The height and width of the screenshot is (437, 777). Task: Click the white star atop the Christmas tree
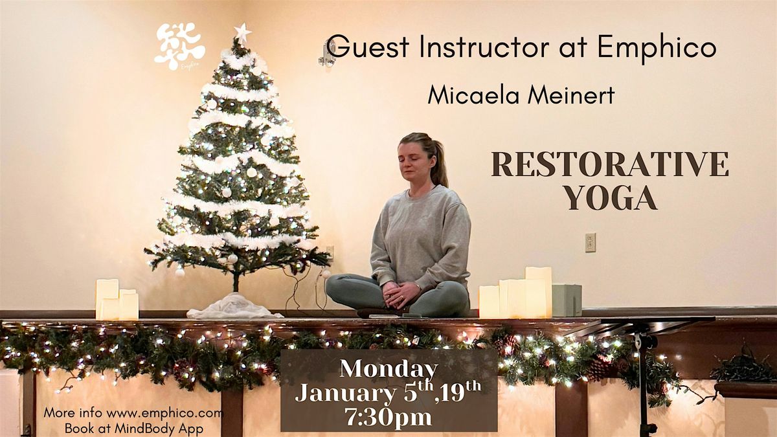tap(242, 33)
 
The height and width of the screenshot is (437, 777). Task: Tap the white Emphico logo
tap(180, 47)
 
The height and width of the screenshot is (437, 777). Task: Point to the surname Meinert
tap(572, 95)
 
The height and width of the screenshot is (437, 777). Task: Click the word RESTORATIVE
tap(610, 164)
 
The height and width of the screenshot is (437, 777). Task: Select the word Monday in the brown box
tap(388, 370)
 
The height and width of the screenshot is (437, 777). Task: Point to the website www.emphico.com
tap(164, 413)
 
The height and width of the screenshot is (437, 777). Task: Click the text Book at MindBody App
tap(134, 429)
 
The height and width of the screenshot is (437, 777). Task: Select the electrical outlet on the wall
tap(591, 242)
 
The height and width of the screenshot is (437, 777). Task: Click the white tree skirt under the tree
tap(234, 307)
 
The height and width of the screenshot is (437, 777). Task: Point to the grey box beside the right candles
tap(567, 300)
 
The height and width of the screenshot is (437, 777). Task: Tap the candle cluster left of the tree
tap(117, 299)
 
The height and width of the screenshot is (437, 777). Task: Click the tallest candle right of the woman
tap(538, 292)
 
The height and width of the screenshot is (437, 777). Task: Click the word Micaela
tap(473, 95)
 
